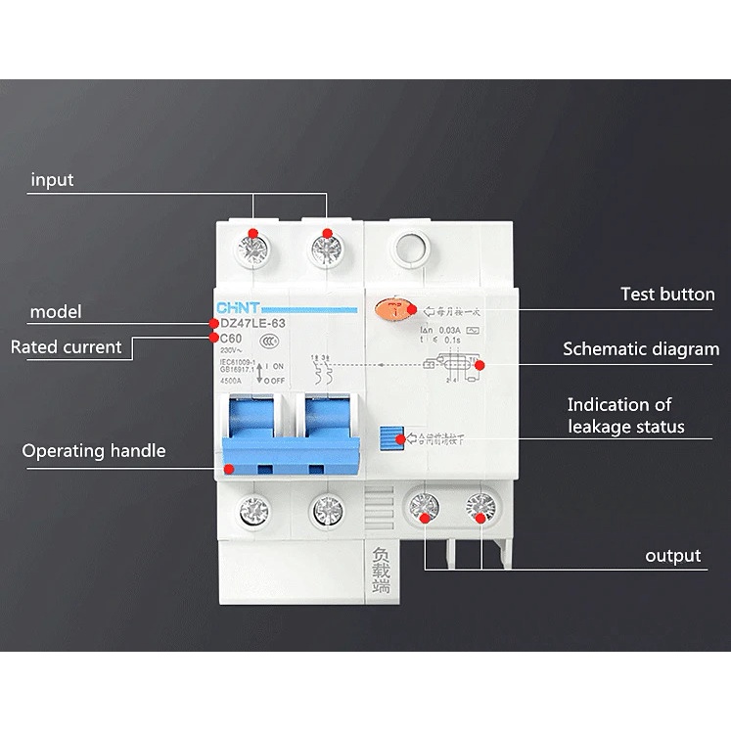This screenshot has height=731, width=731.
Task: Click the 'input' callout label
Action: tap(52, 180)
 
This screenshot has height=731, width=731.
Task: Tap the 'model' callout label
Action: tap(56, 312)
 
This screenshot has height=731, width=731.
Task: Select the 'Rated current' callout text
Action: tap(67, 346)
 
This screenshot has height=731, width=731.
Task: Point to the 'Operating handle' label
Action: tap(94, 451)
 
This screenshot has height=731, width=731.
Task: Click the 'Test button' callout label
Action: tap(667, 294)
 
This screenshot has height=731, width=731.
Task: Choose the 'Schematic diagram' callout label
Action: tap(641, 349)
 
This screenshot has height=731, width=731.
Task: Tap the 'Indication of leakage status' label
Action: tap(625, 415)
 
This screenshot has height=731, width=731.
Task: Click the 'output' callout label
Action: tap(672, 556)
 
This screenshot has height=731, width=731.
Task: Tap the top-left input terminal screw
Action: tap(253, 249)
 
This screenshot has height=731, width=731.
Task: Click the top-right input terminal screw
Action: tap(327, 250)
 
